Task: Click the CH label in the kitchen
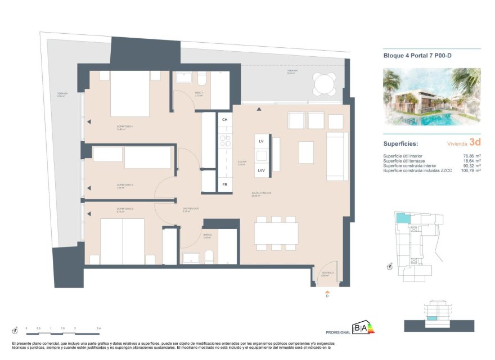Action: [225, 120]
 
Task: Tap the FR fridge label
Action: [224, 184]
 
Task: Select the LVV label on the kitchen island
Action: [262, 170]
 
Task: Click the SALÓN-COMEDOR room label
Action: [262, 193]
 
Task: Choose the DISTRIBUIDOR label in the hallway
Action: [191, 208]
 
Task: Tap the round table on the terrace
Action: [324, 85]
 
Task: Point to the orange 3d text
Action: [475, 143]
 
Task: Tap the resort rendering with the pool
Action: [431, 96]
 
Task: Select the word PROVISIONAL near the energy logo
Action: [338, 332]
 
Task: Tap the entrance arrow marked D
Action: [327, 292]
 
